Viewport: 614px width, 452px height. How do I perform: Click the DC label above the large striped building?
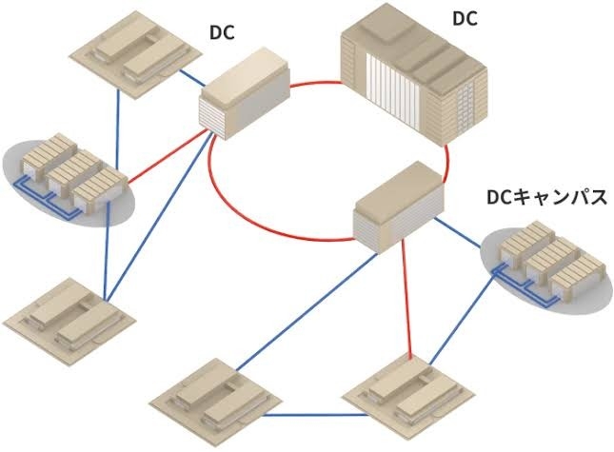[x=465, y=19]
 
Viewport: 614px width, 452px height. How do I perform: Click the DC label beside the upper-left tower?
[x=222, y=32]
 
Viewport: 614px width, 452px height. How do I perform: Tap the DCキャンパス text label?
[x=546, y=197]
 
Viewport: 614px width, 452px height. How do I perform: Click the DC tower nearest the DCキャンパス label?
[x=400, y=206]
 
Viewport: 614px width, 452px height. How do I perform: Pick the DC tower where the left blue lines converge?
[x=246, y=93]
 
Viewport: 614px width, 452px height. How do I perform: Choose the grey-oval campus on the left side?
[x=69, y=179]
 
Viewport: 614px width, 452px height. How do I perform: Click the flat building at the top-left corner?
[x=136, y=55]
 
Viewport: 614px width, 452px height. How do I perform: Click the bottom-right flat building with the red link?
[x=408, y=399]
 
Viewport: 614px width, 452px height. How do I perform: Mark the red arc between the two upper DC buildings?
[x=316, y=83]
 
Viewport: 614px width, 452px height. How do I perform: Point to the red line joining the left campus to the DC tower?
[x=168, y=157]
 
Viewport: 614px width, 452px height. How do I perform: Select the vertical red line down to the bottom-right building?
[x=406, y=299]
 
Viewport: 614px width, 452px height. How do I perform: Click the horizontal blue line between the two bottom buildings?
[x=315, y=415]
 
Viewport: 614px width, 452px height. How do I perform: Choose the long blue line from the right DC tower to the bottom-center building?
[x=307, y=311]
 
